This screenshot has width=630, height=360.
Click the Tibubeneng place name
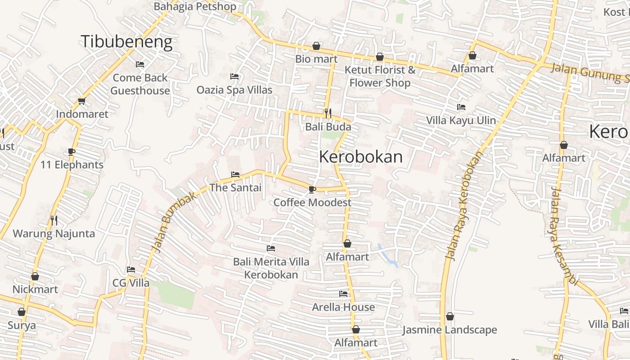[126, 41]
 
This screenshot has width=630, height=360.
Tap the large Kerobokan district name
[360, 157]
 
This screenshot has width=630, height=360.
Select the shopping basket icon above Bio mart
[316, 46]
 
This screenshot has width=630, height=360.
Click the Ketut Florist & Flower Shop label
[380, 76]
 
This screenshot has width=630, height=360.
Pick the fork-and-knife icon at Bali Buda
[328, 113]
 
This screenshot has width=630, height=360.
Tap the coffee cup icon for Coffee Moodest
[312, 189]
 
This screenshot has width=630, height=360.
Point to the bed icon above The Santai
[235, 175]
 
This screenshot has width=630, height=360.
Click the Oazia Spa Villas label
[234, 90]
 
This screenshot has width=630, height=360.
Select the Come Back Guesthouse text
[140, 84]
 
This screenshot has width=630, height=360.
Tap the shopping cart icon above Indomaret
[81, 101]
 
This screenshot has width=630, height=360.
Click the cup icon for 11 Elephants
[72, 152]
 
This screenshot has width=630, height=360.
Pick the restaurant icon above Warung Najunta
[54, 220]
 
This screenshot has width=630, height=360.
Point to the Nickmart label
[35, 289]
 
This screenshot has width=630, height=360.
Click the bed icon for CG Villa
[131, 270]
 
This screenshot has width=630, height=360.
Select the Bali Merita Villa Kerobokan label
[271, 268]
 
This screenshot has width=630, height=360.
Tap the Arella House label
[343, 307]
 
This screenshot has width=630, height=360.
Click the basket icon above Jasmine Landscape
[450, 317]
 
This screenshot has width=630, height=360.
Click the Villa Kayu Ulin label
[461, 121]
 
